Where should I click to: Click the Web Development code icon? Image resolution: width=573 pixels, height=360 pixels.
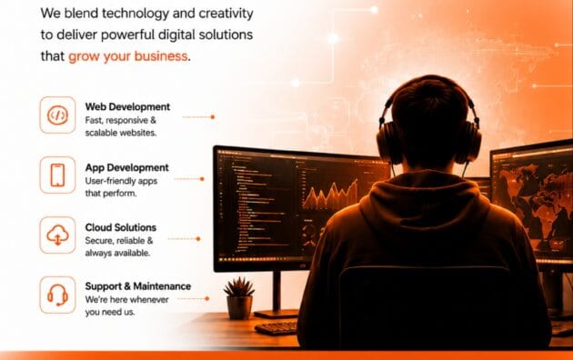click(57, 115)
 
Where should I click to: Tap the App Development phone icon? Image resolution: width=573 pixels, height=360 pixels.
click(57, 175)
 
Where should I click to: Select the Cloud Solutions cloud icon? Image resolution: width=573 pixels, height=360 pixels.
click(57, 235)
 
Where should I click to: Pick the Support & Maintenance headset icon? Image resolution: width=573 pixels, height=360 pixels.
click(57, 295)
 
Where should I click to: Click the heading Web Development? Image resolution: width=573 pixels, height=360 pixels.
click(127, 106)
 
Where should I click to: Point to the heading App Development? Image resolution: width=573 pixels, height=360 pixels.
click(126, 167)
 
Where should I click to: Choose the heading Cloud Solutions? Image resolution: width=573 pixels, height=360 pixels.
click(121, 227)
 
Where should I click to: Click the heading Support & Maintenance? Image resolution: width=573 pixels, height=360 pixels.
click(138, 286)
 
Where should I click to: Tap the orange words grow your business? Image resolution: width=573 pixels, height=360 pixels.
click(128, 56)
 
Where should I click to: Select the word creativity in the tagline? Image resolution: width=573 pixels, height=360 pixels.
click(226, 14)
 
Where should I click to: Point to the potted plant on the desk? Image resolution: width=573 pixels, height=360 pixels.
click(239, 298)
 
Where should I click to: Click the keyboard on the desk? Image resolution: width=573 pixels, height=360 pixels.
click(276, 327)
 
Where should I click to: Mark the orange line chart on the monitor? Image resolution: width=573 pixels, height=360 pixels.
click(330, 195)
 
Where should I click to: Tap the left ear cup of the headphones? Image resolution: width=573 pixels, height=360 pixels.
click(388, 143)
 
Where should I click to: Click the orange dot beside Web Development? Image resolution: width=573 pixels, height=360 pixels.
click(213, 117)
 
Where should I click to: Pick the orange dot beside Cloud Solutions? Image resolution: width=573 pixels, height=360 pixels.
click(198, 239)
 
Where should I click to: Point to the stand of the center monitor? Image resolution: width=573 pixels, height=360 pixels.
click(276, 295)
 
